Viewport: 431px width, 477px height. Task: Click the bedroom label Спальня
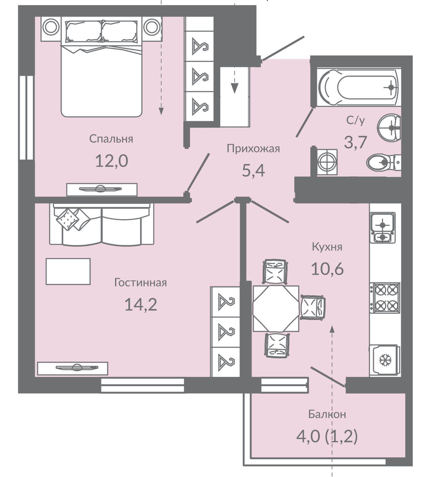111,139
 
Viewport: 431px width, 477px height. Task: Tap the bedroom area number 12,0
112,161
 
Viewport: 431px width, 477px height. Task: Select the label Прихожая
253,149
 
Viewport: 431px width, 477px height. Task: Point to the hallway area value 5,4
253,170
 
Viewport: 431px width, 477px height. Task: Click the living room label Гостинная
141,283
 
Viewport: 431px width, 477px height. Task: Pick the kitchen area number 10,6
328,270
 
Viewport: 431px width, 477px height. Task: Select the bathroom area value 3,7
356,142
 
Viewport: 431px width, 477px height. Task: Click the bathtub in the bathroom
359,87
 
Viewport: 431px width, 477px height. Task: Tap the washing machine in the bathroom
327,163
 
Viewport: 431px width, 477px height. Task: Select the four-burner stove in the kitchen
385,298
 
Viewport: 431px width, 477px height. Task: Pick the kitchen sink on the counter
383,228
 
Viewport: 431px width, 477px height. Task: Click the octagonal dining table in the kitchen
276,309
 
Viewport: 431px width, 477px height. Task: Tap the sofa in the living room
102,224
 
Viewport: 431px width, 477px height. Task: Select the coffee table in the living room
68,271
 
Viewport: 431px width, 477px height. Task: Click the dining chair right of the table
313,307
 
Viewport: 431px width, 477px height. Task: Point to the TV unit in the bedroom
102,189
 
